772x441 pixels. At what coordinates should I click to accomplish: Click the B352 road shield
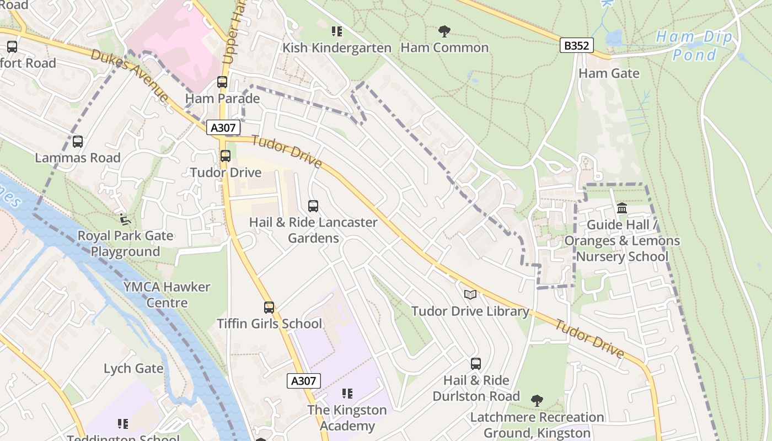tap(576, 46)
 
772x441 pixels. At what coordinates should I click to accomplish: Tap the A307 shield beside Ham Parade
tap(224, 128)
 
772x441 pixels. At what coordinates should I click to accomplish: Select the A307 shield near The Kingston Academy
tap(303, 381)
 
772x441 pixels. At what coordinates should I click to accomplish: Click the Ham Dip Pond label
tap(694, 46)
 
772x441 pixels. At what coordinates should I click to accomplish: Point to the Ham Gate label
tap(609, 73)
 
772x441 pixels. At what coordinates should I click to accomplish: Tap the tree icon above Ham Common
tap(444, 31)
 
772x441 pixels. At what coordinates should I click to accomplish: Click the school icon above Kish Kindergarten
tap(336, 31)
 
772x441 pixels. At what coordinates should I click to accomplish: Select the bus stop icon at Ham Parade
tap(222, 82)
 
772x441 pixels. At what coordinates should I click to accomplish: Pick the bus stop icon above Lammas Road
tap(78, 142)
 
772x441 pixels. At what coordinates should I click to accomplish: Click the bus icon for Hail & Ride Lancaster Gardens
tap(313, 206)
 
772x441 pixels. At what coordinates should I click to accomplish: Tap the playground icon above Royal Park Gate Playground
tap(125, 219)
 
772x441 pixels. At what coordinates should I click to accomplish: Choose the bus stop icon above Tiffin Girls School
tap(269, 308)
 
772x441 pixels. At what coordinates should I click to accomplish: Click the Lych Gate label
tap(133, 368)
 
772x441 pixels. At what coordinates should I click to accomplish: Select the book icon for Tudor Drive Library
tap(470, 295)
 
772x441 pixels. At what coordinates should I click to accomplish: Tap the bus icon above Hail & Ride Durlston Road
tap(476, 364)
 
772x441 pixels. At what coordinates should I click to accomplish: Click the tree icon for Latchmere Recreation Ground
tap(537, 400)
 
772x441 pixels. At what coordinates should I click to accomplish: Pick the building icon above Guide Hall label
tap(622, 208)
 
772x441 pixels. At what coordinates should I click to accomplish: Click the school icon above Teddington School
tap(123, 424)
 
